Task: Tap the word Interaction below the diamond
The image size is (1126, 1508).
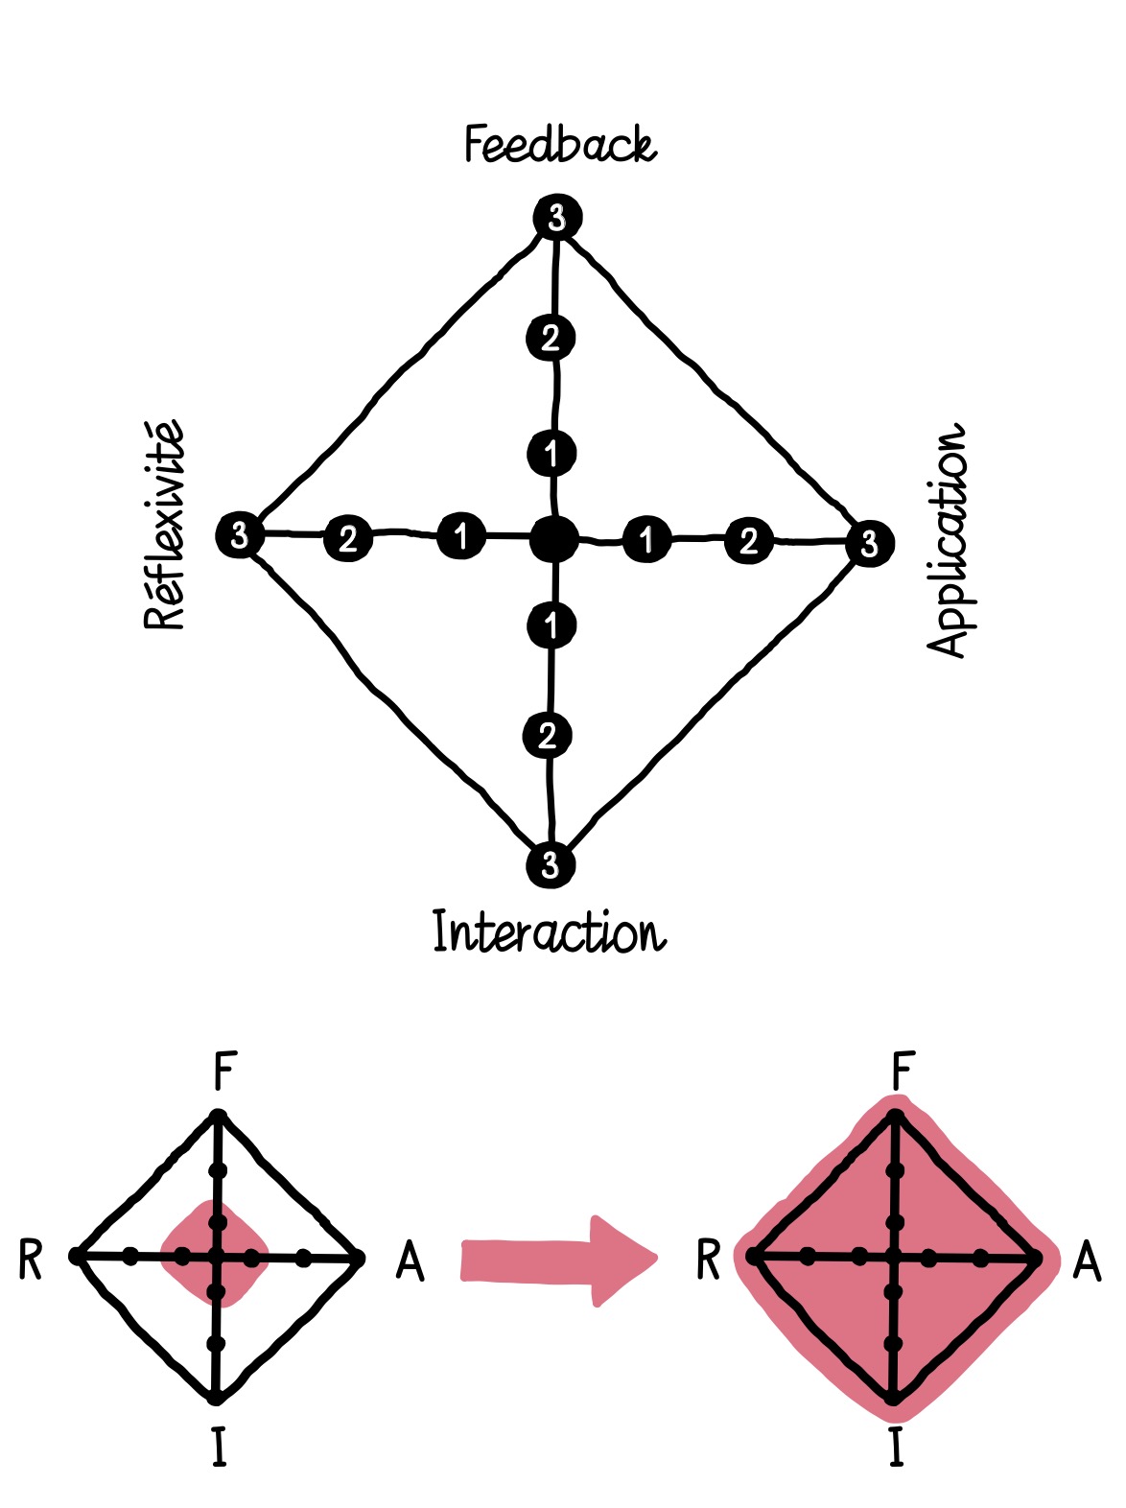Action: pyautogui.click(x=549, y=931)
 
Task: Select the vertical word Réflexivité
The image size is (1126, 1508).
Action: pyautogui.click(x=164, y=525)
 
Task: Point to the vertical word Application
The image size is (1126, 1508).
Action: pyautogui.click(x=949, y=538)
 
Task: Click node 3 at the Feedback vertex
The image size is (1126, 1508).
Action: pyautogui.click(x=557, y=219)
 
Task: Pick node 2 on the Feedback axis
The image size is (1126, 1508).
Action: pyautogui.click(x=551, y=338)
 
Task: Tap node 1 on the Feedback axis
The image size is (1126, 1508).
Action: pyautogui.click(x=551, y=453)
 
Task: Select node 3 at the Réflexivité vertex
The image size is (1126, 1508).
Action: pyautogui.click(x=239, y=533)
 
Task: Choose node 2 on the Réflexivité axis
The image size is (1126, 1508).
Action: pyautogui.click(x=347, y=538)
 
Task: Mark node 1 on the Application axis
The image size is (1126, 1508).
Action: pyautogui.click(x=646, y=539)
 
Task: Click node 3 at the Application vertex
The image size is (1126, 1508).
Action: pyautogui.click(x=869, y=544)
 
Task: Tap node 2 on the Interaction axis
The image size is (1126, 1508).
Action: pyautogui.click(x=548, y=736)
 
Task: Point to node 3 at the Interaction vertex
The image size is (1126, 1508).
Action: pyautogui.click(x=550, y=864)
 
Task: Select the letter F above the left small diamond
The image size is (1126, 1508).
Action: pyautogui.click(x=223, y=1071)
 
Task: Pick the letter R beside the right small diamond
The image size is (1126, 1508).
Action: pyautogui.click(x=708, y=1260)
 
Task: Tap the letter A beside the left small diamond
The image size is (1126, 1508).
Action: pyautogui.click(x=410, y=1260)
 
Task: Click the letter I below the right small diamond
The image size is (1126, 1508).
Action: pyautogui.click(x=896, y=1447)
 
